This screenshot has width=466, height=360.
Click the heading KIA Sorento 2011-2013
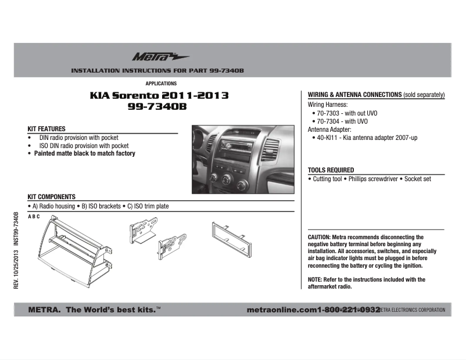pyautogui.click(x=159, y=95)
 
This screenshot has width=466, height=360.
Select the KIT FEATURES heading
pyautogui.click(x=46, y=129)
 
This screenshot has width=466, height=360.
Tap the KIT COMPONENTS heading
pyautogui.click(x=52, y=197)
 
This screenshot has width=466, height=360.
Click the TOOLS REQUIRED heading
pyautogui.click(x=331, y=170)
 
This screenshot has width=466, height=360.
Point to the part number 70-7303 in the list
pyautogui.click(x=329, y=113)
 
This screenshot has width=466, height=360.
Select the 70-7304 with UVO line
pyautogui.click(x=343, y=121)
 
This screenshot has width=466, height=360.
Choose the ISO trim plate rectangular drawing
pyautogui.click(x=234, y=240)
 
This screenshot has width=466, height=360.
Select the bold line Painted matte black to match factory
pyautogui.click(x=84, y=154)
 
